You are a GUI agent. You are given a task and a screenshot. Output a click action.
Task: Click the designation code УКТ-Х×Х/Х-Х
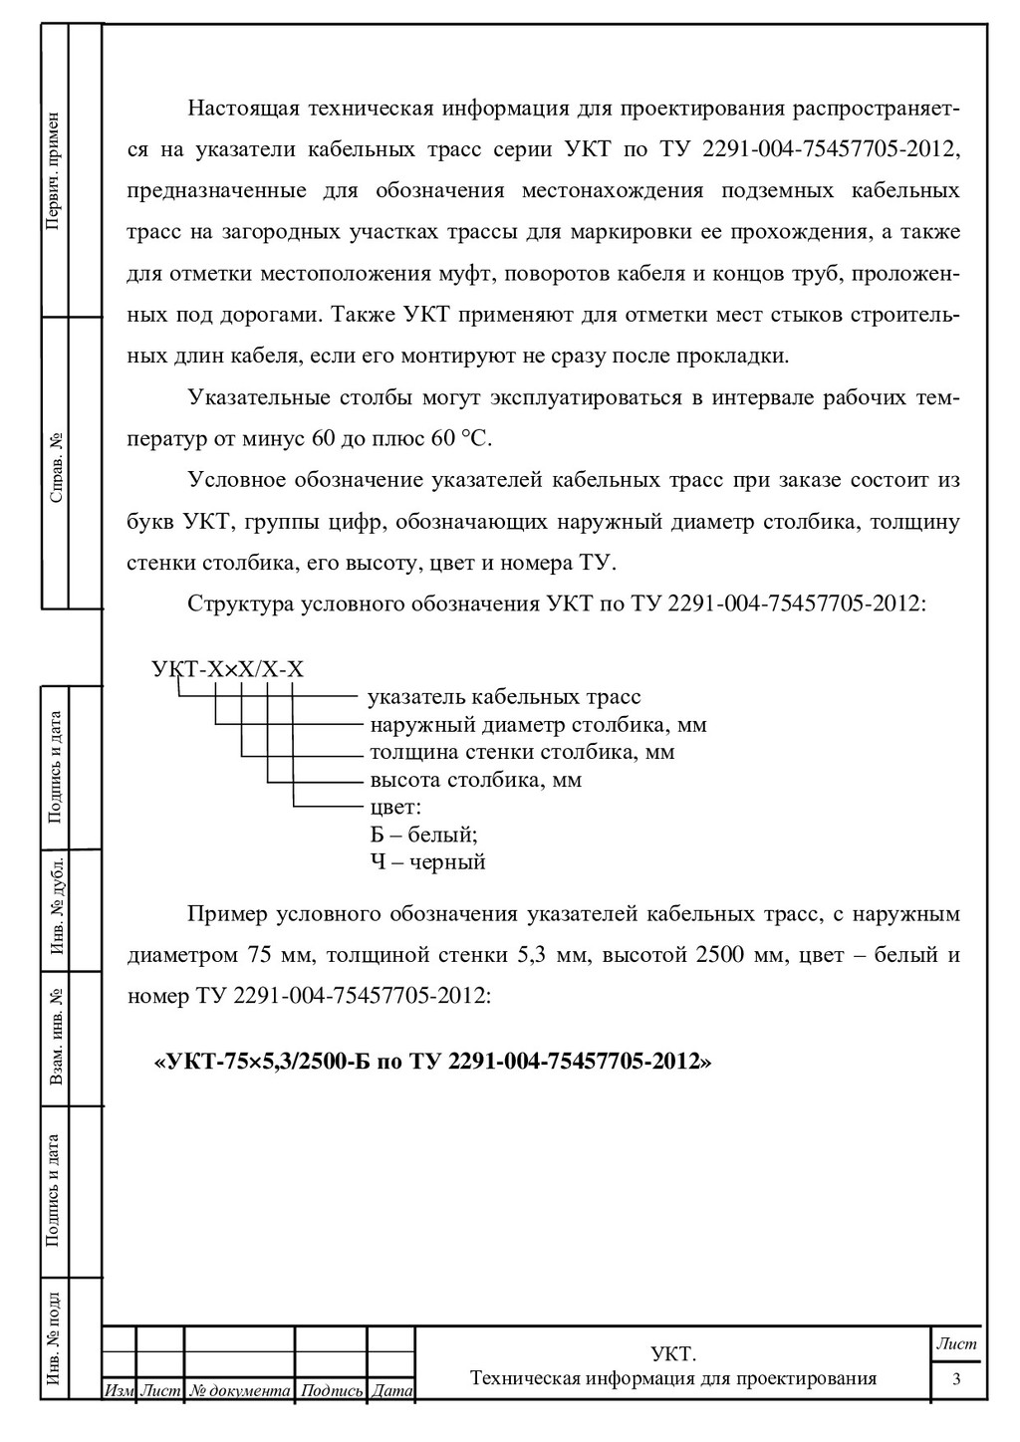[228, 669]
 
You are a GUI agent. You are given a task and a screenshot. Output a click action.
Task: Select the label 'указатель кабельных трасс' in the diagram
[505, 697]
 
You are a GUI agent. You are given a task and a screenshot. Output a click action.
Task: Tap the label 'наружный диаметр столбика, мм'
[538, 724]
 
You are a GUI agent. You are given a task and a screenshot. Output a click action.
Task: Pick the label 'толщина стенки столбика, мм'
[522, 751]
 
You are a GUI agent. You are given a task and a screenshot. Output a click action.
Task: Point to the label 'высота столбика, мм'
[476, 779]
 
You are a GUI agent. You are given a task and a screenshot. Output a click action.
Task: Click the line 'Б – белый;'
[423, 834]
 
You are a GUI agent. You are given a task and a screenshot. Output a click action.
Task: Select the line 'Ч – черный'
[427, 861]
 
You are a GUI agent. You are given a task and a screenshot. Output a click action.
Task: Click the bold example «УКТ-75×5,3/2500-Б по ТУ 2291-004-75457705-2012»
[431, 1062]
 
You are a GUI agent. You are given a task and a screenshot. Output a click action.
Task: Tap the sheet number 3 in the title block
[957, 1379]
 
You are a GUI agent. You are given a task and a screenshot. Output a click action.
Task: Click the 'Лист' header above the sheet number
[957, 1344]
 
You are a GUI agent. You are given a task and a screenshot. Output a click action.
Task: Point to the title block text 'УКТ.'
[672, 1354]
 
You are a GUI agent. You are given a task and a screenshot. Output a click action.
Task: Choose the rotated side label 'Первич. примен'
[54, 171]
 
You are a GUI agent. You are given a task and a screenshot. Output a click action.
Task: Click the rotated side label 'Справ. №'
[56, 465]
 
